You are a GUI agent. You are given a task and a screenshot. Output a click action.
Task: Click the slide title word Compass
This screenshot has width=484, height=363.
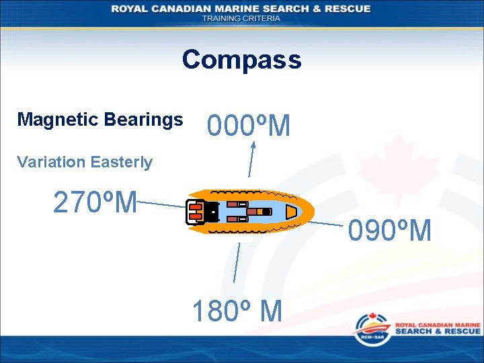[241, 60]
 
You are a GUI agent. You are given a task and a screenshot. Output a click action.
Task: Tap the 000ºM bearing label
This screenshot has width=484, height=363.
[249, 126]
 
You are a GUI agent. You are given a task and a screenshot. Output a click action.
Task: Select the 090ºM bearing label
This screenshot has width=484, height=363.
[389, 231]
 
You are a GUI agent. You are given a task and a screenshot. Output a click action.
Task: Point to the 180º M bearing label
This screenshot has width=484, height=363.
[237, 311]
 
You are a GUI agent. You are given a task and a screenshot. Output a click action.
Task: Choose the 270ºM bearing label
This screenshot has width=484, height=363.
[95, 202]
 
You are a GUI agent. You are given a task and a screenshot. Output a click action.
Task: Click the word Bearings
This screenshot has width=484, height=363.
[143, 120]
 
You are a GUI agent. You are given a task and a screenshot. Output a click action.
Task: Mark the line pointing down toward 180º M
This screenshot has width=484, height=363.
[236, 262]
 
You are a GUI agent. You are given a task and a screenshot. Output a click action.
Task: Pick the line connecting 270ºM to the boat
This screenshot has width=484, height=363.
[161, 204]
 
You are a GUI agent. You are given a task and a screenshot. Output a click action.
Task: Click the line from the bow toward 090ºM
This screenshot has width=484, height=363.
[329, 220]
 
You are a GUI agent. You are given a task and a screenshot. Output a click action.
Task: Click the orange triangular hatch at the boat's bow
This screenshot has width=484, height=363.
[291, 212]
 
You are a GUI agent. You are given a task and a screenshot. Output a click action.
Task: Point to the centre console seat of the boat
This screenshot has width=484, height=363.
[258, 212]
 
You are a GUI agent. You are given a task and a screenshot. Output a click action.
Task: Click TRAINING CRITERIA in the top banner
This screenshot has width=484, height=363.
[241, 18]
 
